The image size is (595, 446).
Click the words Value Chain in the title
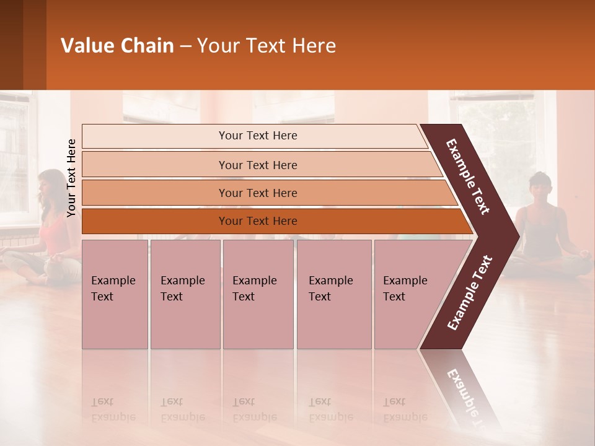click(x=117, y=46)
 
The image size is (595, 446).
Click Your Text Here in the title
click(x=267, y=46)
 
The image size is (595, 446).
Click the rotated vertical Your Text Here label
click(x=71, y=178)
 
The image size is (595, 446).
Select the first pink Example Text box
click(x=115, y=294)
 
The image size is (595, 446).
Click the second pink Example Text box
click(x=185, y=294)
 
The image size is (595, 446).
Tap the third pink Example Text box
click(x=258, y=294)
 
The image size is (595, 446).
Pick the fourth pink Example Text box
click(x=333, y=294)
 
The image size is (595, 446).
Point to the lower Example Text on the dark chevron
click(x=469, y=292)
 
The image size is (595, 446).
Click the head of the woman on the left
click(x=48, y=184)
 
